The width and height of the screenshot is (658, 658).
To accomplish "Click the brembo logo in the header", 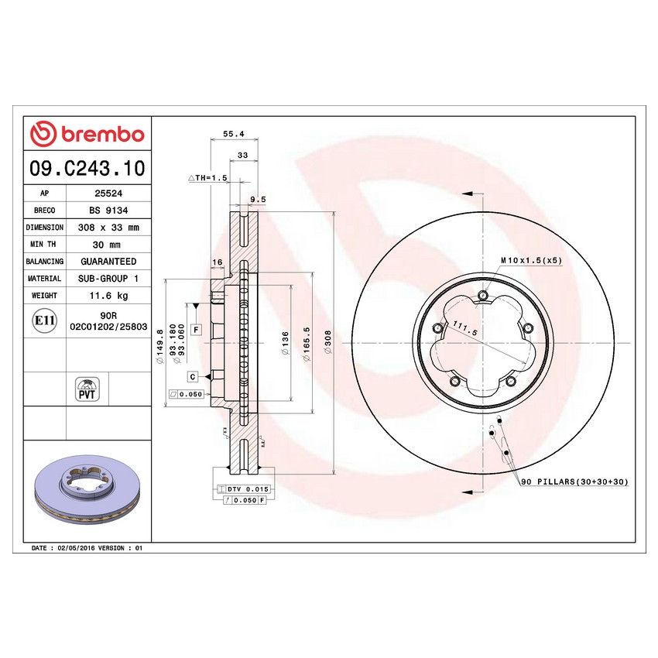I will click(87, 134).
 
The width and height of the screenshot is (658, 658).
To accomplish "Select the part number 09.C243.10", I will click(87, 168).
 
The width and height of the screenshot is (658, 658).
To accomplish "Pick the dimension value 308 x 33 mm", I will click(108, 228).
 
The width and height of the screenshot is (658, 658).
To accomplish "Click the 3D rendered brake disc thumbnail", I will click(87, 493).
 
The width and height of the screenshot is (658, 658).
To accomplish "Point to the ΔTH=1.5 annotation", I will click(208, 177).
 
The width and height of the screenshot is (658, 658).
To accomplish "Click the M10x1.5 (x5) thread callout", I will click(530, 260).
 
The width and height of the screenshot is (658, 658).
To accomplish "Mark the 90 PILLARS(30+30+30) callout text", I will click(574, 482).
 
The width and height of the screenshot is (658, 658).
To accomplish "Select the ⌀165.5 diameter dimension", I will click(308, 341).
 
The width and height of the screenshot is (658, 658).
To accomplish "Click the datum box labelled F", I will click(197, 330).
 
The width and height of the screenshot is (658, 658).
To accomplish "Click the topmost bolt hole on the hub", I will click(483, 296).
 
